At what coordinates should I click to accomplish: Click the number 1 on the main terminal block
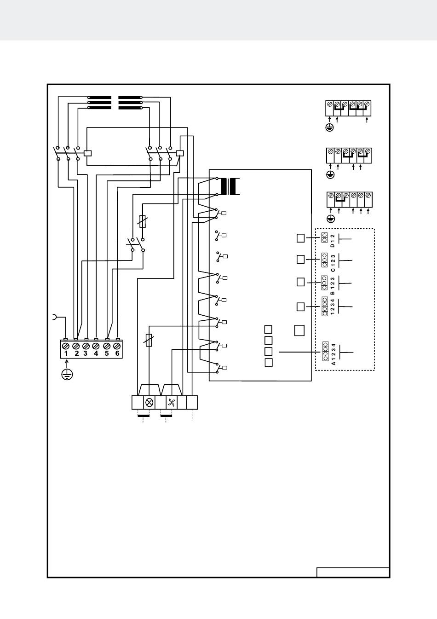tap(66, 353)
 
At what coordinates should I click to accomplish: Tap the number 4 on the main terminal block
tap(96, 353)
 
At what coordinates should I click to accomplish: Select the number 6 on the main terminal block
tap(117, 353)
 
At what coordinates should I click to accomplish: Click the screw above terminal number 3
tap(86, 346)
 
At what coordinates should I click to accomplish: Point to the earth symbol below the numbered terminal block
tap(67, 375)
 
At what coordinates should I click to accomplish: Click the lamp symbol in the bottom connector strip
tap(149, 402)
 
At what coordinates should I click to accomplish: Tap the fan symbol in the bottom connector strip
tap(172, 403)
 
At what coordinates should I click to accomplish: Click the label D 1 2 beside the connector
tap(333, 240)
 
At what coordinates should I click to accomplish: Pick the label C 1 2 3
tap(333, 263)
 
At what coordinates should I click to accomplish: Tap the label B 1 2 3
tap(333, 286)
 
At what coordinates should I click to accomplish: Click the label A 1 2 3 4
tap(333, 354)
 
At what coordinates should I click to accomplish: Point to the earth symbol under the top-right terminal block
tap(329, 127)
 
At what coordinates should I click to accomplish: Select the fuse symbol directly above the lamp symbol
tap(149, 340)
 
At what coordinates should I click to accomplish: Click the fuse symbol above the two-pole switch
tap(143, 221)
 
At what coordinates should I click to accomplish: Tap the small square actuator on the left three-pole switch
tap(87, 153)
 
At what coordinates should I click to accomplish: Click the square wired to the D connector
tap(300, 238)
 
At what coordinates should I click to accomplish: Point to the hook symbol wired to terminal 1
tap(54, 317)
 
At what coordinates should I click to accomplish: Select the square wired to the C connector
tap(300, 259)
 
